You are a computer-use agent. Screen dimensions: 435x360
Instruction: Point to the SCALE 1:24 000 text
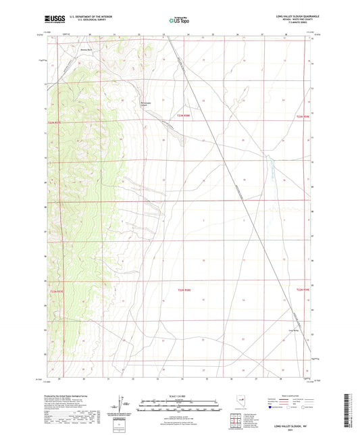click(x=179, y=395)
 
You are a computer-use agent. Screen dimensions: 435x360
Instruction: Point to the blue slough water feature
click(x=269, y=165)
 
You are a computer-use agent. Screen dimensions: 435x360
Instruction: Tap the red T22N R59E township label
click(x=302, y=290)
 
